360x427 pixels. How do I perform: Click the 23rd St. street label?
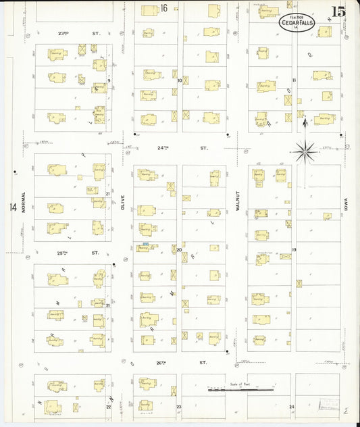[x=82, y=32]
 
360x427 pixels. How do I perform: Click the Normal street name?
[x=23, y=203]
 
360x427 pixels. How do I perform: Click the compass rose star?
[x=305, y=151]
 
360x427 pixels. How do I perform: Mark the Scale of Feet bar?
[x=240, y=390]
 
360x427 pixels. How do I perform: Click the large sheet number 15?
[x=338, y=11]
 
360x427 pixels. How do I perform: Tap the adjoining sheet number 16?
[x=163, y=8]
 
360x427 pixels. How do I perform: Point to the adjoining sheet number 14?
[x=12, y=207]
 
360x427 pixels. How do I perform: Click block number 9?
[x=108, y=80]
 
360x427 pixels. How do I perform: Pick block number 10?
[x=180, y=80]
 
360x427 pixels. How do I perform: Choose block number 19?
[x=294, y=249]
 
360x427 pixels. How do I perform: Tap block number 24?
[x=292, y=407]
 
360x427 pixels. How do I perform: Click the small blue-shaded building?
[x=145, y=243]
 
